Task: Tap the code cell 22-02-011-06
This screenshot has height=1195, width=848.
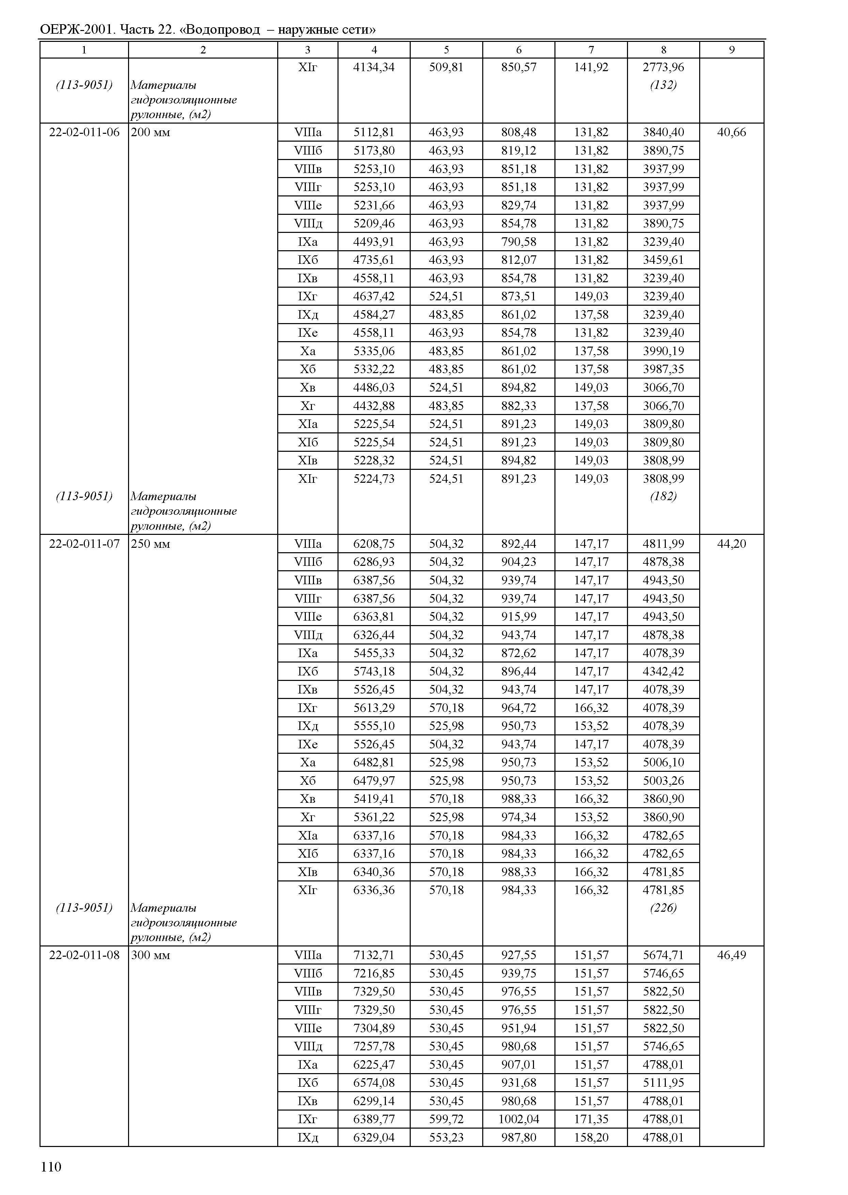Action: (x=84, y=132)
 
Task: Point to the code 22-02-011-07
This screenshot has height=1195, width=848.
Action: (x=84, y=544)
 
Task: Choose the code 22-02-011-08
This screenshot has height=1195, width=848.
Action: (x=84, y=955)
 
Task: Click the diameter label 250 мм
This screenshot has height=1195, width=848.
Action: (x=151, y=544)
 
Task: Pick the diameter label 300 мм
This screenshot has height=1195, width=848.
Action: (x=151, y=955)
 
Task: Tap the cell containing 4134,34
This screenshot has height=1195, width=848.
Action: (x=374, y=67)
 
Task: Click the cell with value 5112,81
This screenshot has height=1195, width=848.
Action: (x=374, y=132)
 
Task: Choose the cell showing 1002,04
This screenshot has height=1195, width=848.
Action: (x=519, y=1119)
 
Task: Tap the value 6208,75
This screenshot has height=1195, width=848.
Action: (x=374, y=544)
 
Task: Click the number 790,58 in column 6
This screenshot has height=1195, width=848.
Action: (x=519, y=242)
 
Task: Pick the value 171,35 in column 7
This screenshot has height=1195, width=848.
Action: (x=591, y=1119)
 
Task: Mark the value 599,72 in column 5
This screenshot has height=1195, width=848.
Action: (x=446, y=1119)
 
